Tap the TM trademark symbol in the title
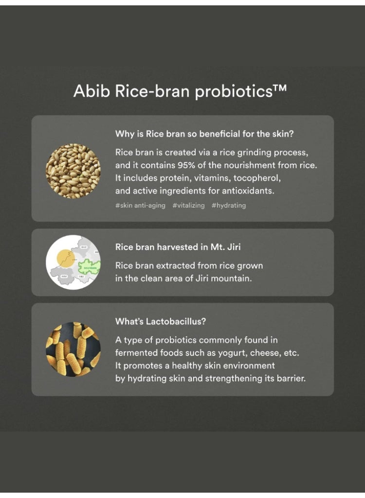click(x=279, y=88)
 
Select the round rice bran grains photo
click(x=73, y=171)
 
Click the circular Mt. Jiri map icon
click(x=73, y=263)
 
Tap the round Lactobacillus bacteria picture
click(x=73, y=349)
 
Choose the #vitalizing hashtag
click(x=188, y=206)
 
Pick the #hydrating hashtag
click(x=229, y=206)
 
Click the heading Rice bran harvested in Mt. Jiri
click(x=178, y=247)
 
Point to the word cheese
click(x=263, y=353)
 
